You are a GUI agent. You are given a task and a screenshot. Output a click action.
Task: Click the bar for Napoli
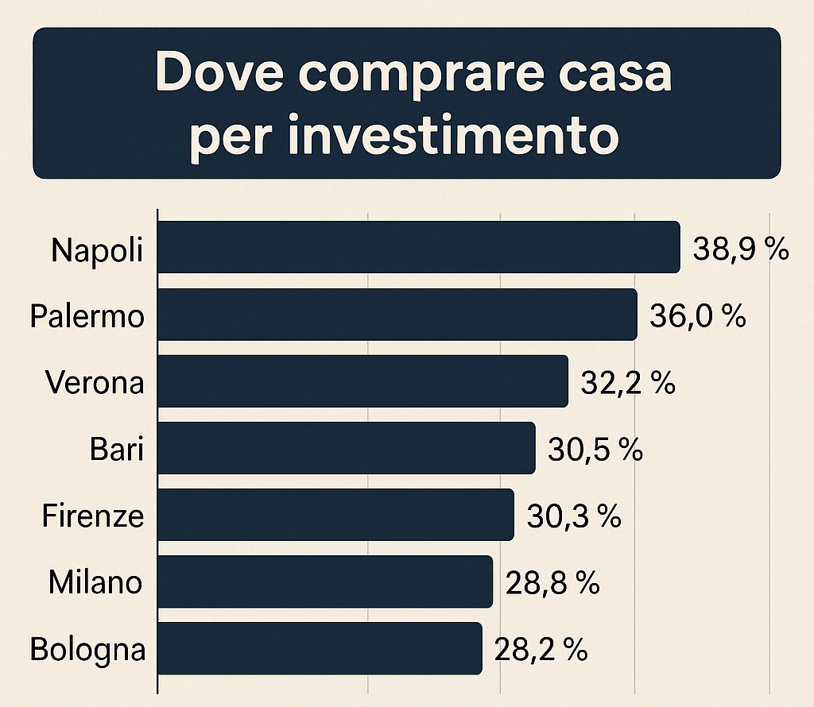coord(420,247)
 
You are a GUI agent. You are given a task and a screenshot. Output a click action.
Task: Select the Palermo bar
coord(398,315)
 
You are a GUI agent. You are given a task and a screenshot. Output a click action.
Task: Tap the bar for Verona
coord(363,381)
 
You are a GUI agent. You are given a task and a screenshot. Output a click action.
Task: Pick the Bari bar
coord(347,448)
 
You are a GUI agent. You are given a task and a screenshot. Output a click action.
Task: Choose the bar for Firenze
coord(336,515)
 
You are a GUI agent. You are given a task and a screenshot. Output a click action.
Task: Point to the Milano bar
coord(326,581)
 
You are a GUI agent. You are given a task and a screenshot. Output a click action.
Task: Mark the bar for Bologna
coord(320,648)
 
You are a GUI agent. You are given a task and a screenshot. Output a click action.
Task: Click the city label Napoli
coord(98,251)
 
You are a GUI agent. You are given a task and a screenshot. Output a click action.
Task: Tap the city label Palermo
coord(87,317)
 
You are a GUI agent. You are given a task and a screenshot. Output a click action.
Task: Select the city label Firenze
coord(93,516)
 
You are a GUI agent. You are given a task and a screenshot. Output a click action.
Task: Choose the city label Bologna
coord(88,651)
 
